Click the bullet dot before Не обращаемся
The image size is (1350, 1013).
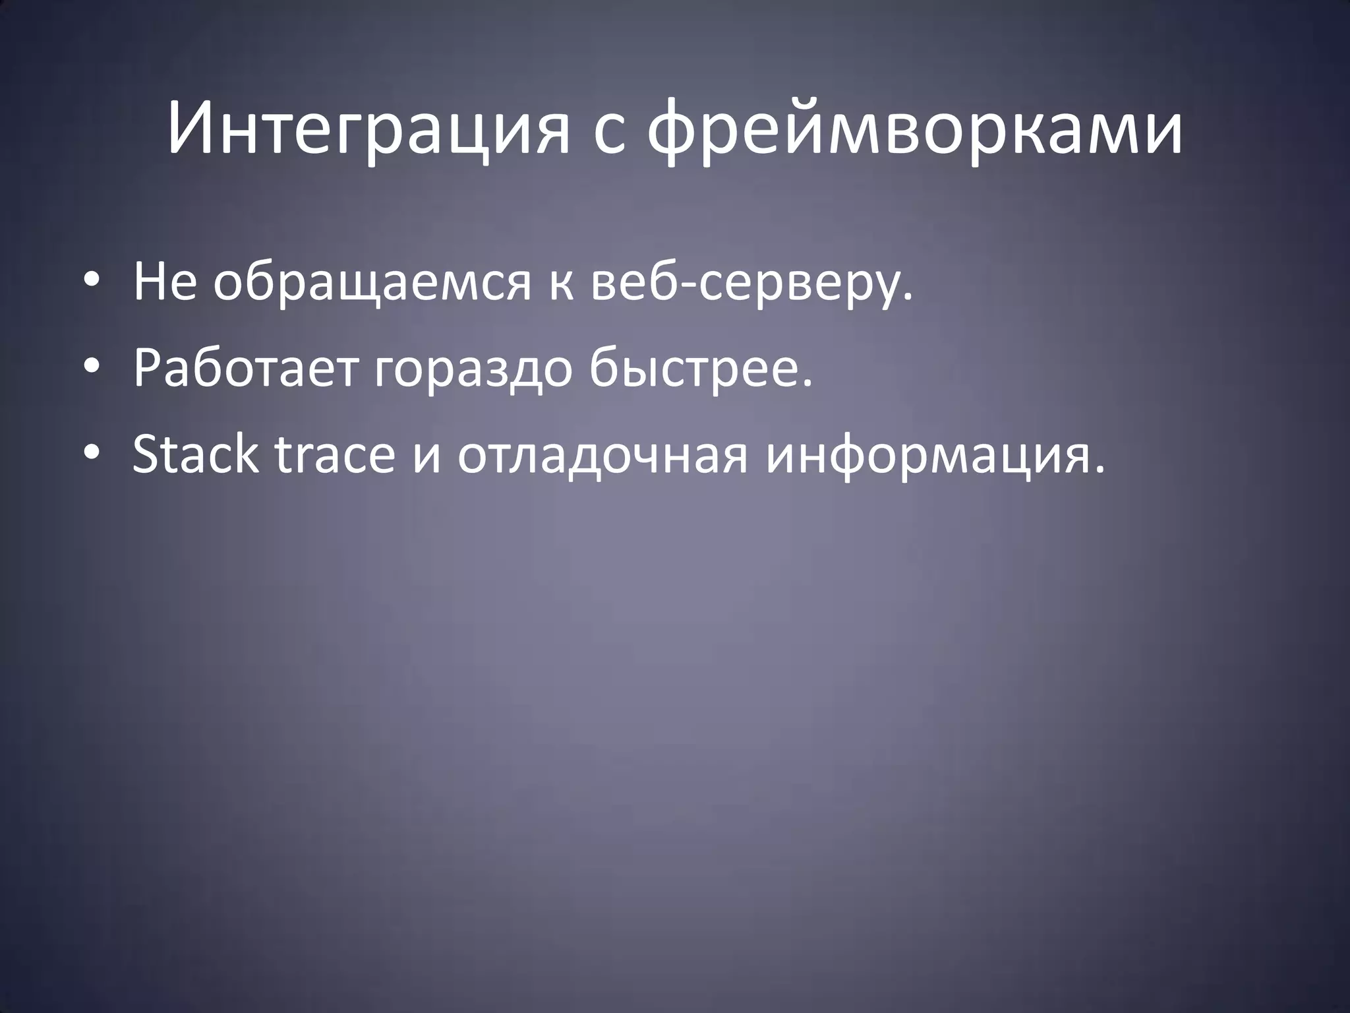point(91,280)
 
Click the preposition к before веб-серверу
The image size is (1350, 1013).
point(561,285)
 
